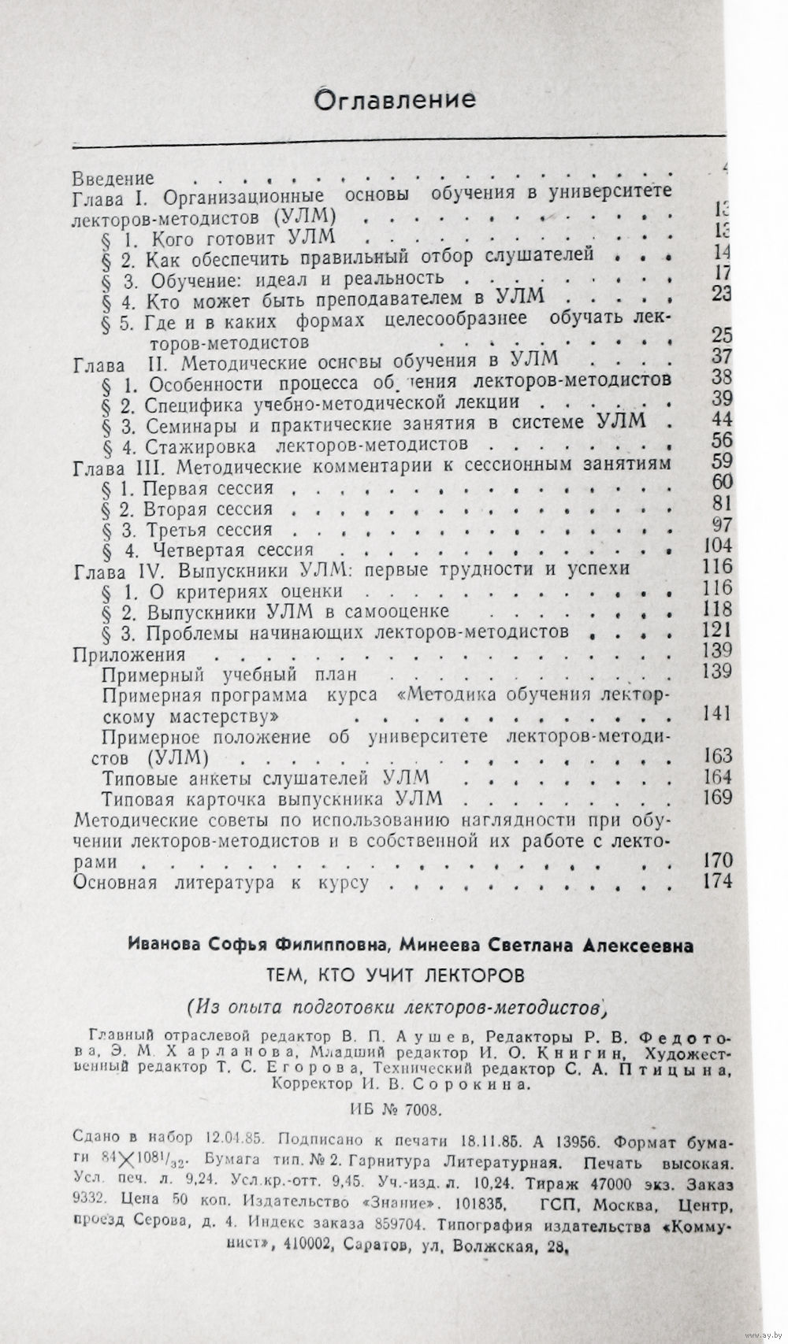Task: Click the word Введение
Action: point(113,180)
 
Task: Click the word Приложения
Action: point(128,653)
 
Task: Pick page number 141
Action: point(716,713)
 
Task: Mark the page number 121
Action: point(716,631)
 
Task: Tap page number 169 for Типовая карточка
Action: point(716,798)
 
